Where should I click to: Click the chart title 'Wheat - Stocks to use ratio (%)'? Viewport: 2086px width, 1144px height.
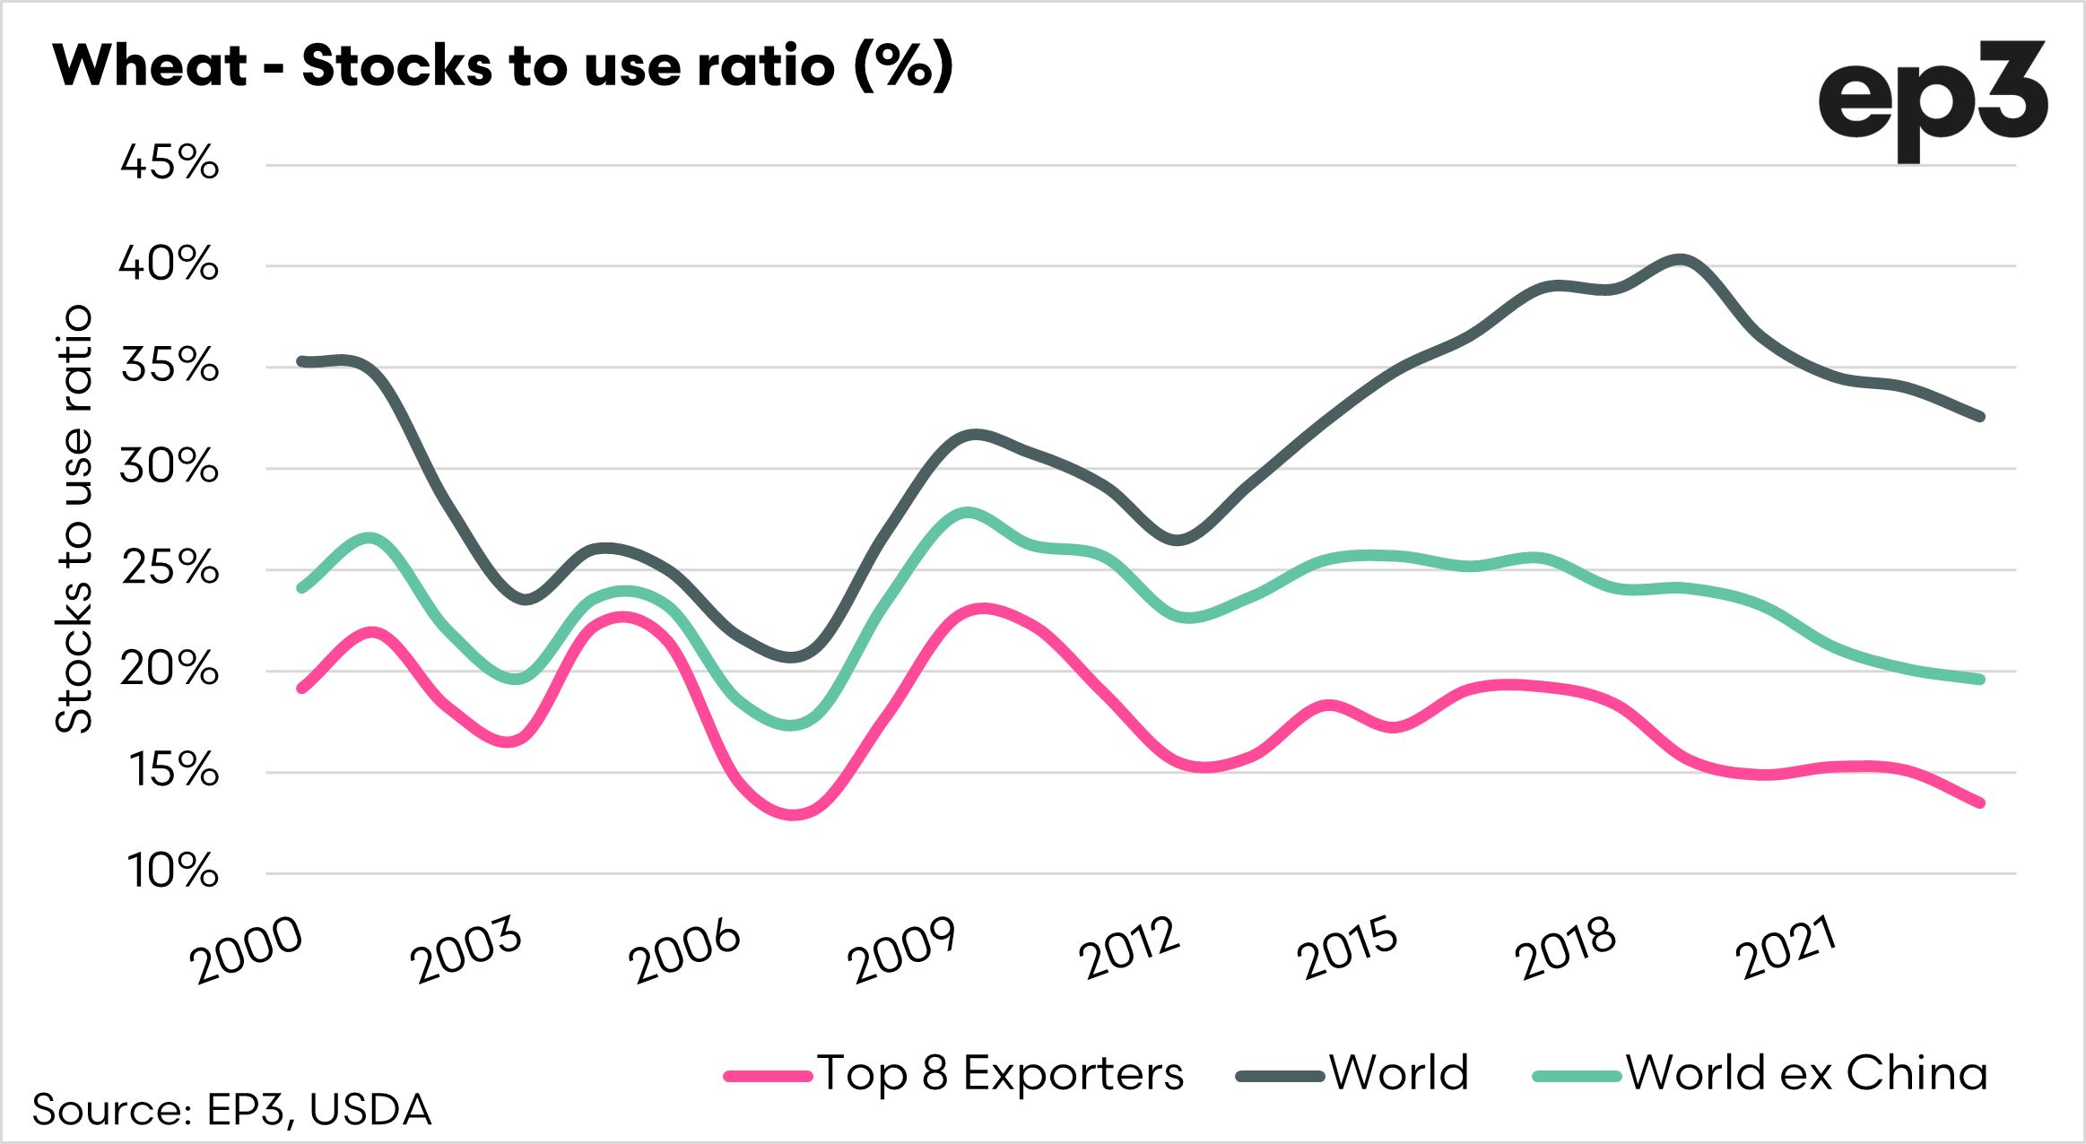[502, 66]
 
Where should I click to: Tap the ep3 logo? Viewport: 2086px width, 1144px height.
[1933, 100]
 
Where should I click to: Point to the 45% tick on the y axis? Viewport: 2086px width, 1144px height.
[169, 163]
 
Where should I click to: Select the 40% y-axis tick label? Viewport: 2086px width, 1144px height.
[169, 264]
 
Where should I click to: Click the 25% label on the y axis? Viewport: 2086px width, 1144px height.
[169, 568]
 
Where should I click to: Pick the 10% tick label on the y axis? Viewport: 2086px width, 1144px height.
[172, 871]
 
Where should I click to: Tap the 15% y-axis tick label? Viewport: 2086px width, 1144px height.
[174, 770]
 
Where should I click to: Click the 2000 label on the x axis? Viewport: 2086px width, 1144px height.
[245, 951]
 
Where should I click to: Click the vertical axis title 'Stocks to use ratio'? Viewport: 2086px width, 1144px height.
[74, 518]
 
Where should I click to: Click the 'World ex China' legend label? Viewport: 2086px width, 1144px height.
[1807, 1073]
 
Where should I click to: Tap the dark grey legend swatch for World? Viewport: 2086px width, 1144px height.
[1280, 1076]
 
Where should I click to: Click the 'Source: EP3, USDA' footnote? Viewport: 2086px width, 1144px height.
[231, 1110]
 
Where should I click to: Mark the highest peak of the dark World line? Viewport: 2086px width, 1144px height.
[1679, 261]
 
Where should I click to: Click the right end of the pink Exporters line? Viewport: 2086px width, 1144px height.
[1980, 803]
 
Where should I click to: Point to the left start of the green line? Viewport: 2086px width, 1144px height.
[301, 588]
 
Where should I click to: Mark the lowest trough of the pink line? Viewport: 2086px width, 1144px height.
[793, 814]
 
